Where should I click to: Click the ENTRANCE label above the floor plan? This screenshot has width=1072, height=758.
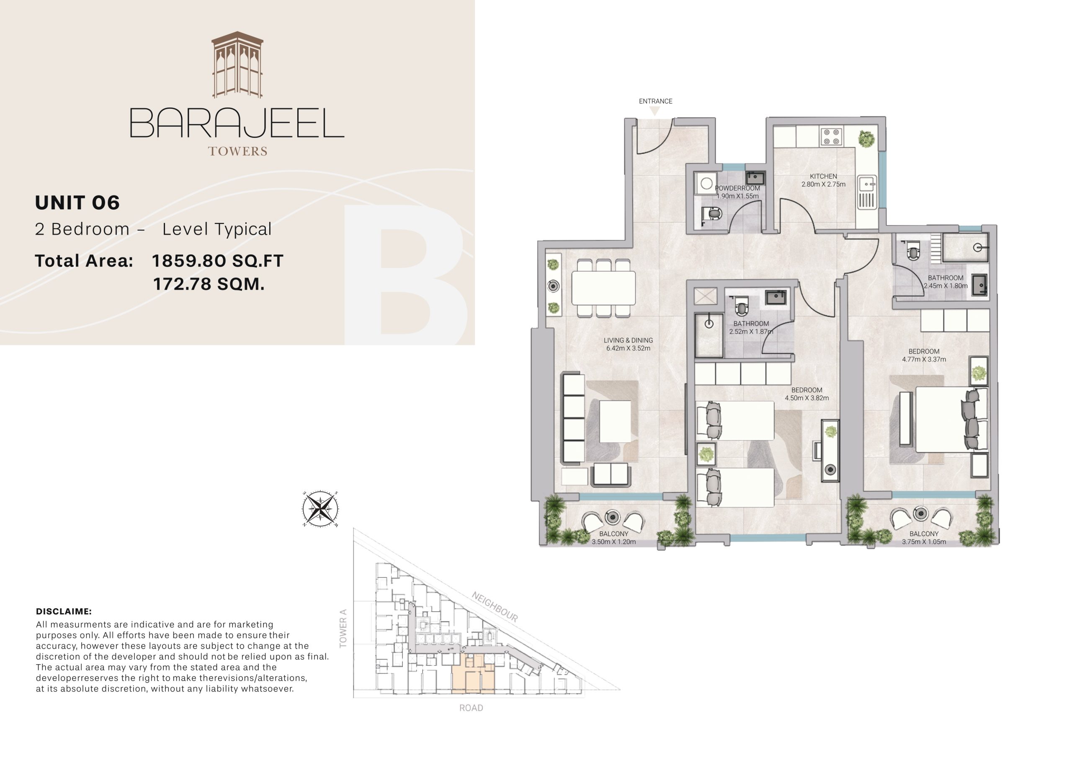click(655, 101)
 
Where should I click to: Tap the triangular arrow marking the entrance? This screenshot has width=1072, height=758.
click(655, 110)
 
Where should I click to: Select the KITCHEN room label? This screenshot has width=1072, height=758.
click(823, 177)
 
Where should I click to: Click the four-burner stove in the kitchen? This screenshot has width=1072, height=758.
click(831, 137)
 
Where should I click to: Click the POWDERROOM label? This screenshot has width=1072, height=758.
click(737, 188)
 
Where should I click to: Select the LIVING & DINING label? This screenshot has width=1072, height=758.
click(628, 340)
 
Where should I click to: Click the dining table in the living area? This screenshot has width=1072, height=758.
click(603, 288)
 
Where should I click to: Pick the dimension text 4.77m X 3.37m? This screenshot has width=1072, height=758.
click(923, 360)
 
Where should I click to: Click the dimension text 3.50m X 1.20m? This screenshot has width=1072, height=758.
click(613, 542)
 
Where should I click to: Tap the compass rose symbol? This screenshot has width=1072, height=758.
click(320, 509)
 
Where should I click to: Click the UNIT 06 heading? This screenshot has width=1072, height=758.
click(77, 203)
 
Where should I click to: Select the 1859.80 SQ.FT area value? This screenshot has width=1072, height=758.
click(218, 261)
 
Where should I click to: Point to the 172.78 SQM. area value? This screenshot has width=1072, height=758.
click(209, 284)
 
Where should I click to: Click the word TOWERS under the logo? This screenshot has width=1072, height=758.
click(238, 151)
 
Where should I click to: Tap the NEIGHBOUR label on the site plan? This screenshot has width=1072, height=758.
click(495, 607)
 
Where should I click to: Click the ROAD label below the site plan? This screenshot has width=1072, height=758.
click(471, 708)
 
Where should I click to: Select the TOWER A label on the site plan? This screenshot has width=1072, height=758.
click(343, 628)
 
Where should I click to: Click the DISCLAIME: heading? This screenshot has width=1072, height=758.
click(64, 612)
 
